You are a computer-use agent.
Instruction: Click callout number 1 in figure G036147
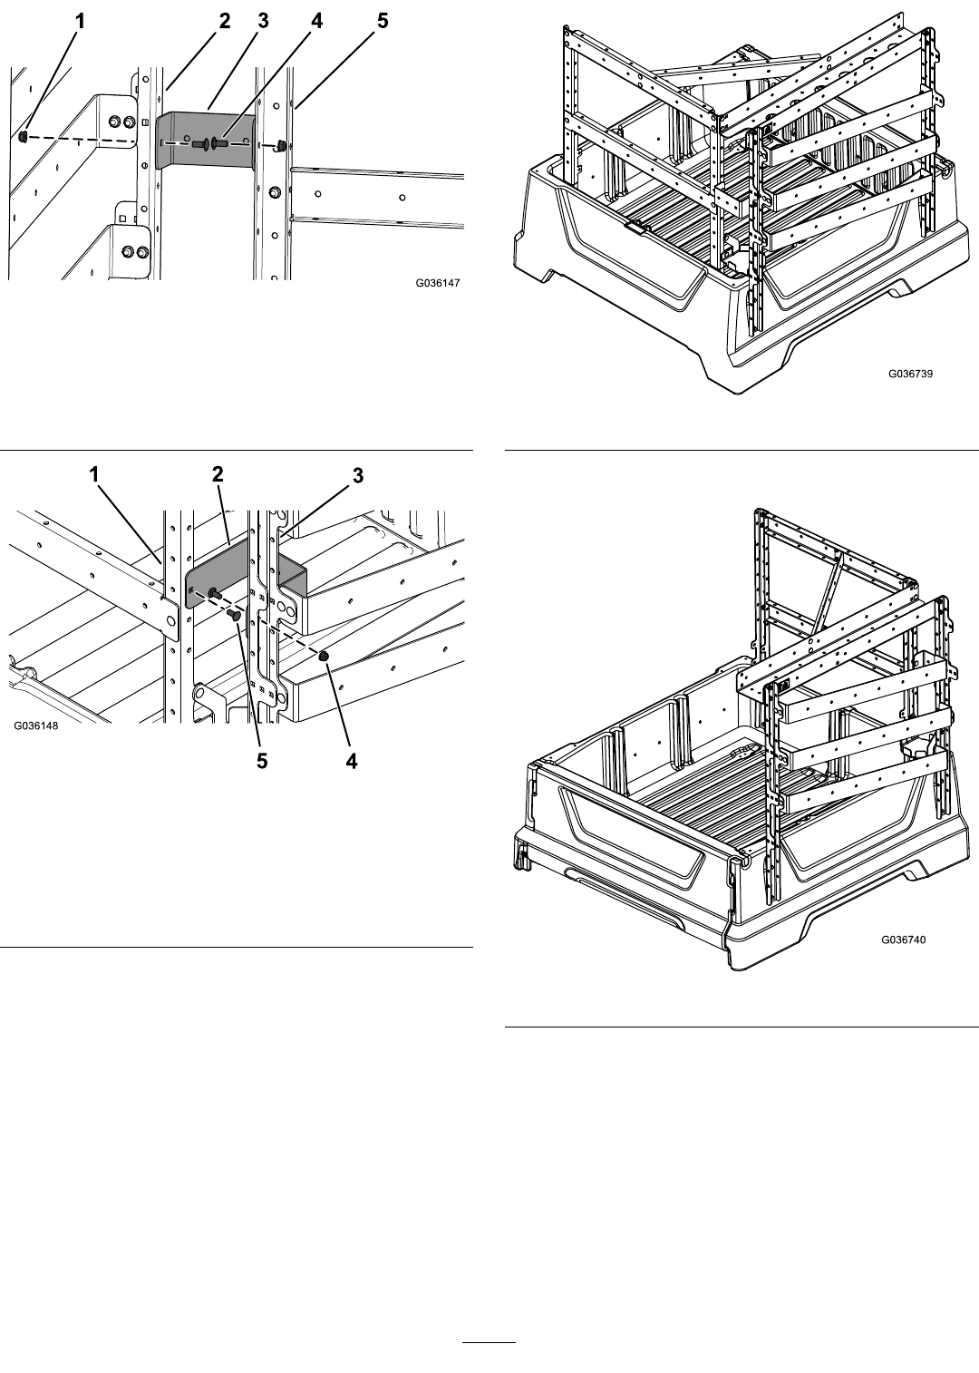tap(80, 22)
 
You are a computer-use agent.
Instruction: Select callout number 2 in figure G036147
tap(224, 22)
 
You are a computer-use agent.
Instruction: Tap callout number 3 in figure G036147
tap(263, 22)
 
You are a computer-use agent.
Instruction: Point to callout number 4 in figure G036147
tap(315, 22)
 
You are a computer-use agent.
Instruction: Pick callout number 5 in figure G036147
tap(383, 22)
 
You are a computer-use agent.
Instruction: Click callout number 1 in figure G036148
tap(93, 473)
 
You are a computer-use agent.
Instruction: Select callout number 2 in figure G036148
tap(218, 473)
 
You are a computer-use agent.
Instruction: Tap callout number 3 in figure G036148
tap(358, 475)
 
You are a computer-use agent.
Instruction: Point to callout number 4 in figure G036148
tap(351, 761)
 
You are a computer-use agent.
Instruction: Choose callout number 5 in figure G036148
tap(262, 761)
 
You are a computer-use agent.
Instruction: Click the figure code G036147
tap(438, 283)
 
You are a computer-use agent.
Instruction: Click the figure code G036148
tap(36, 726)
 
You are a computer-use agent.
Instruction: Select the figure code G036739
tap(910, 374)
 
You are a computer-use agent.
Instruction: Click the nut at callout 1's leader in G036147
tap(23, 136)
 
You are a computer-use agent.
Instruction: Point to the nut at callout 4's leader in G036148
tap(323, 657)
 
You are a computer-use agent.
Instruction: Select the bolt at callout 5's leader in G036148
tap(233, 615)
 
